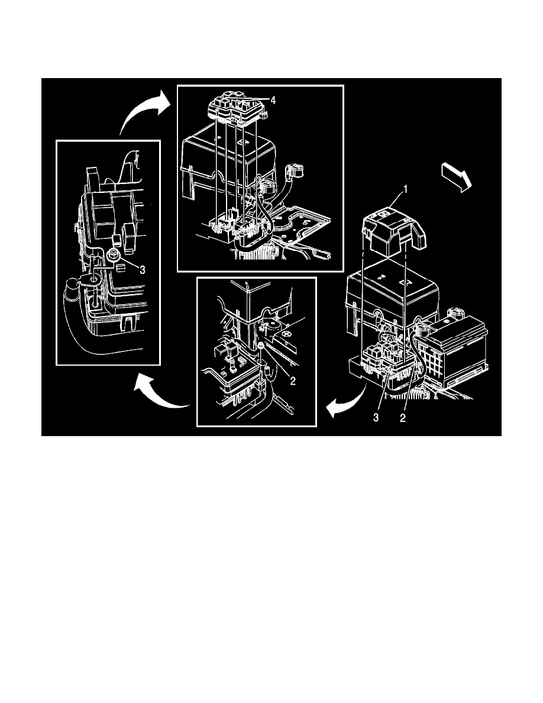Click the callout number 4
[273, 101]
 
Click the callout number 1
[405, 189]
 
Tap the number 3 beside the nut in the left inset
[142, 269]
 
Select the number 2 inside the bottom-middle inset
[293, 380]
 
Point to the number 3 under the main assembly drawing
[376, 418]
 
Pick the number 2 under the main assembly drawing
[402, 418]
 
